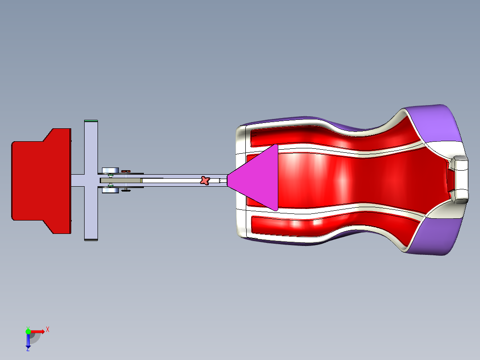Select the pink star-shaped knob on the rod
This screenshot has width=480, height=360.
point(205,180)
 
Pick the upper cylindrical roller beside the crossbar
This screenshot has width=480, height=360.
point(110,170)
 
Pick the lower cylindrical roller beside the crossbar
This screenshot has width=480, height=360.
point(110,190)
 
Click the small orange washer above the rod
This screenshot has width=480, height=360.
point(126,171)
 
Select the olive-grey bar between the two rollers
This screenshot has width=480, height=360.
point(120,180)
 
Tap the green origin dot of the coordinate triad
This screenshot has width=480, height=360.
point(28,331)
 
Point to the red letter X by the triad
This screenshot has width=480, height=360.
point(48,329)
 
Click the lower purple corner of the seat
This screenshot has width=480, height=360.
point(439,236)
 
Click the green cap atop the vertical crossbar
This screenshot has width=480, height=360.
point(91,120)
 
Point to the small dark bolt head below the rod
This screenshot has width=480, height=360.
point(127,190)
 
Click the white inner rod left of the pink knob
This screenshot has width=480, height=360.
point(169,180)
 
